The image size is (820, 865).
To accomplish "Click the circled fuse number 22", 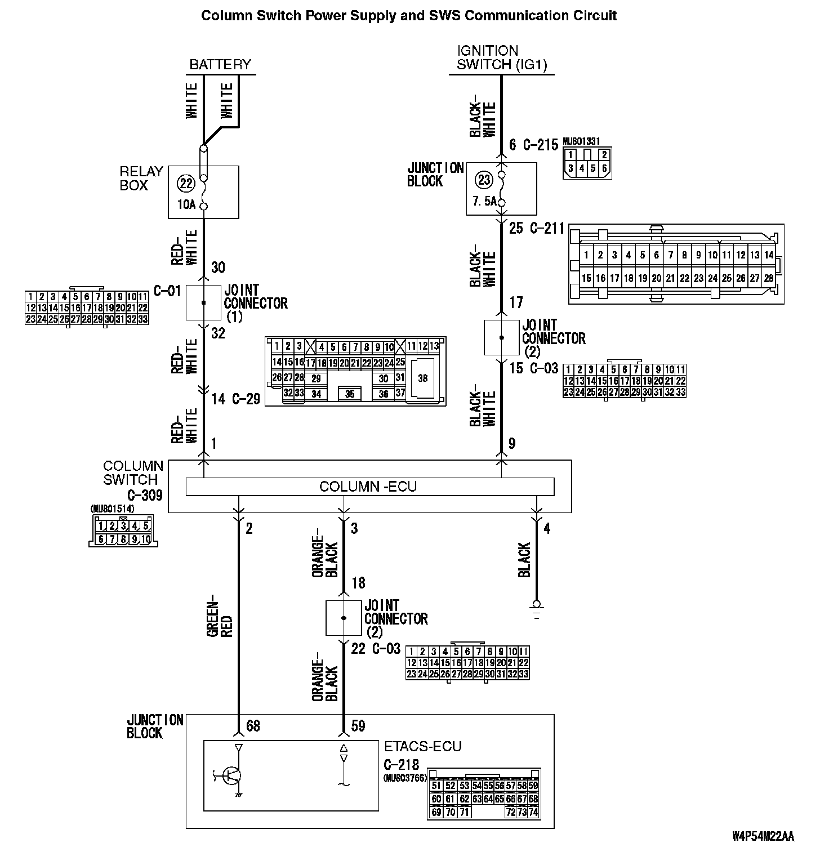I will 185,183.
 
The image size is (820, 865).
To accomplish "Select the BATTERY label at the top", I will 220,64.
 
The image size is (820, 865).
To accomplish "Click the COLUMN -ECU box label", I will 368,486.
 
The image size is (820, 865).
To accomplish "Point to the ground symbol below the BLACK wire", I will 536,610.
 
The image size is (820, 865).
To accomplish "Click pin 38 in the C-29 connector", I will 423,378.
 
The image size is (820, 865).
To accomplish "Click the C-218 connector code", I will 401,764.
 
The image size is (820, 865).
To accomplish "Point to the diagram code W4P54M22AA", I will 763,836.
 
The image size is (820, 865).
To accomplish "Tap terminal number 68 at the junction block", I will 253,726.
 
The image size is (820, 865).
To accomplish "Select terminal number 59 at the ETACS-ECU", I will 358,726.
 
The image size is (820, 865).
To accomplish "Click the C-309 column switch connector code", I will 145,495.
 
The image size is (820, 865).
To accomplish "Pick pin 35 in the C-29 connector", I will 350,394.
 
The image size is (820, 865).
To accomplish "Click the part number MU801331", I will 581,142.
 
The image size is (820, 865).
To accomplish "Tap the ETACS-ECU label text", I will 422,746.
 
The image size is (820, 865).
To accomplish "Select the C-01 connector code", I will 167,291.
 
